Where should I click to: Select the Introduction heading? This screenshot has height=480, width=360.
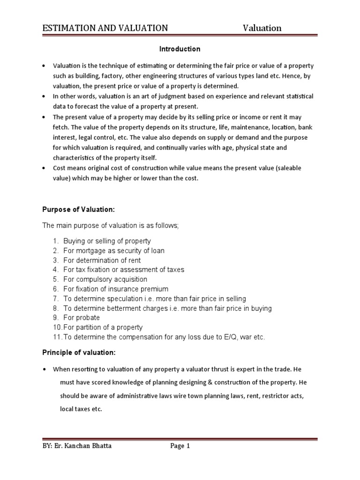coord(180,49)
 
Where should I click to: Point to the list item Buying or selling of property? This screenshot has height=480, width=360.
coord(107,241)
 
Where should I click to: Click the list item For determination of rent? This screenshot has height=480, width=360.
coord(102,260)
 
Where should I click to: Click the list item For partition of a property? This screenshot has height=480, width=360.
coord(103,327)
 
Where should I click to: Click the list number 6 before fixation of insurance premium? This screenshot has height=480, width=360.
coord(55,289)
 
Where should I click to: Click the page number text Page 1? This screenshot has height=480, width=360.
coord(180,446)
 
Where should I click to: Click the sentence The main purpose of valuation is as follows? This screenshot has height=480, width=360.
coord(111,225)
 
